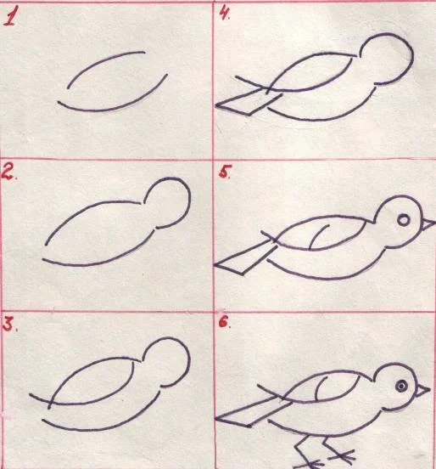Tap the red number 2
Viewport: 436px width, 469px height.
pos(8,172)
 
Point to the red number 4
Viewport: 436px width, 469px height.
pos(224,14)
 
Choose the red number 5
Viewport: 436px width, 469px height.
pos(224,172)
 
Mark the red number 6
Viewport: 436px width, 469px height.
pos(224,322)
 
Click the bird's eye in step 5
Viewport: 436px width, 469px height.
pos(404,220)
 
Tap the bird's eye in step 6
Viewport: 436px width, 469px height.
pos(402,386)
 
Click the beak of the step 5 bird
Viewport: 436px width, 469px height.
pos(428,224)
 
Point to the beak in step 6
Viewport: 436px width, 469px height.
pos(422,390)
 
